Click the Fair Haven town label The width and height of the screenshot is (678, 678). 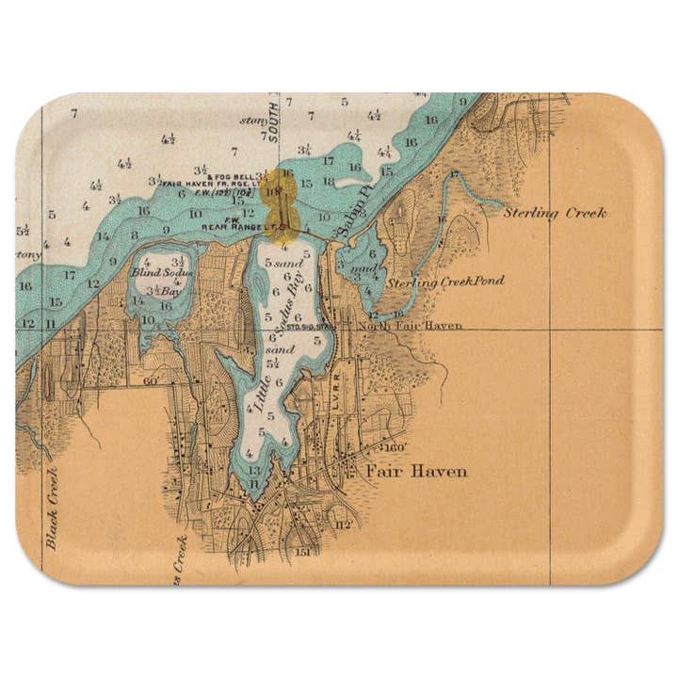pos(416,471)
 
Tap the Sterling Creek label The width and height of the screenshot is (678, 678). pos(554,213)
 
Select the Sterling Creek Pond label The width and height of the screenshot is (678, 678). pos(445,282)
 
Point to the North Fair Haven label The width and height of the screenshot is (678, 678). pos(410,326)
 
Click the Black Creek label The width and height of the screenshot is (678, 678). pos(52,508)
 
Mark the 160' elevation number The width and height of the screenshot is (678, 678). pos(394,447)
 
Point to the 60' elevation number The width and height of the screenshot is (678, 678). pos(151,380)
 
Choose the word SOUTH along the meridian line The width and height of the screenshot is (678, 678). pos(274,125)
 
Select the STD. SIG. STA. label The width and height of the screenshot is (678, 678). pos(312,328)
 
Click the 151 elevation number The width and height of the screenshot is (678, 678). pos(302,552)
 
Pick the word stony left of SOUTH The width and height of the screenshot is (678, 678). pos(252,120)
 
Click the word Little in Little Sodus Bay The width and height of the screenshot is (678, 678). pos(256,398)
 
